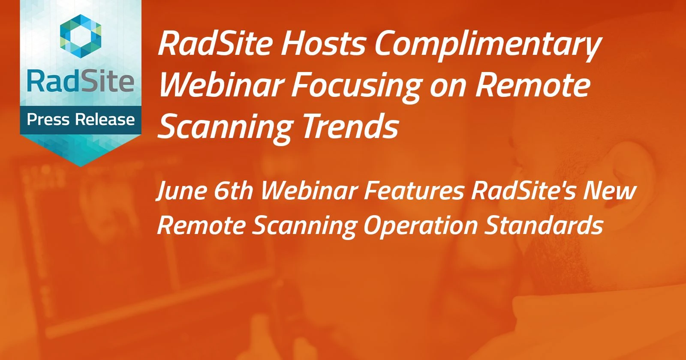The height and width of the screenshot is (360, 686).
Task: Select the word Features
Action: click(414, 190)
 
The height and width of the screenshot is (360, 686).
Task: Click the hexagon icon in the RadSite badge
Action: click(81, 34)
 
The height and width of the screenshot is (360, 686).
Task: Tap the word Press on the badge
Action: click(48, 119)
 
